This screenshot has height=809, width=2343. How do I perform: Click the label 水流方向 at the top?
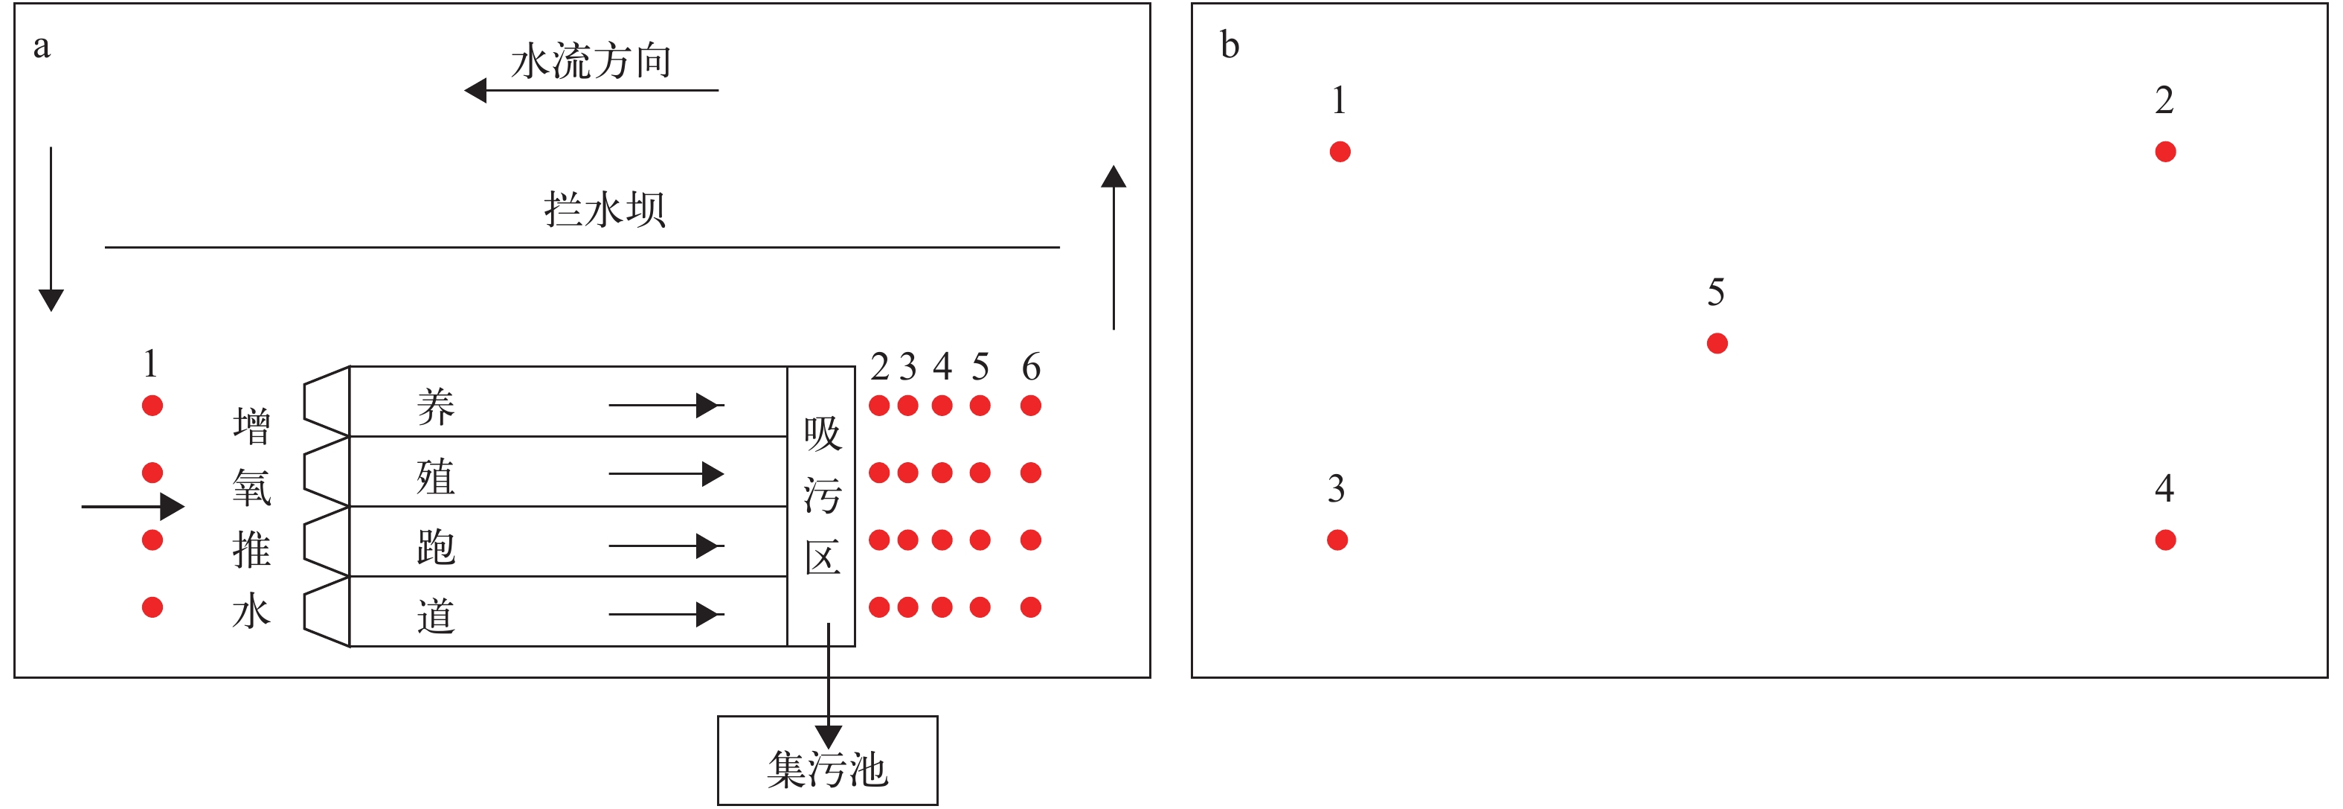(x=591, y=61)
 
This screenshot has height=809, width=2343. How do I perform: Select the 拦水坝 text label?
(x=604, y=209)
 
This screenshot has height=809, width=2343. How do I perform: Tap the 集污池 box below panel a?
(x=827, y=761)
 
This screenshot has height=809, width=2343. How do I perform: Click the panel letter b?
(x=1229, y=45)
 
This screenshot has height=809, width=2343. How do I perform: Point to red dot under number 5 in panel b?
(x=1716, y=343)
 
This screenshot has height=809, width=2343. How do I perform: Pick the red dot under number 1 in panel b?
(x=1340, y=152)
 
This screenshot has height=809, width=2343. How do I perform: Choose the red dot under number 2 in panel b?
(x=2164, y=152)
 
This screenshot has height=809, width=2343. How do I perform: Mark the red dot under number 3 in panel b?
(x=1337, y=540)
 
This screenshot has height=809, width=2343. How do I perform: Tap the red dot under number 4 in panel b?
(x=2164, y=540)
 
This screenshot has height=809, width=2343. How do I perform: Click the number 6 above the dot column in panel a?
(x=1030, y=367)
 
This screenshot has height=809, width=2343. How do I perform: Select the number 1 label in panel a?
(x=151, y=364)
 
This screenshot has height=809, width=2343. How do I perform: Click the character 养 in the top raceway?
(x=436, y=406)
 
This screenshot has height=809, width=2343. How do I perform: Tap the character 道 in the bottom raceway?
(x=436, y=616)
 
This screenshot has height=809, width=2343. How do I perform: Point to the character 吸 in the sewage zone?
(x=822, y=433)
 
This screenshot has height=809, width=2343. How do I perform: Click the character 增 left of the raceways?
(x=252, y=426)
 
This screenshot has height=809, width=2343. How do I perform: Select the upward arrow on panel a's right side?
(x=1113, y=246)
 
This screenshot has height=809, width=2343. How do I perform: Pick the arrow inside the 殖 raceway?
(x=666, y=474)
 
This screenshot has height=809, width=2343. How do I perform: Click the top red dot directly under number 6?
(x=1030, y=406)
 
